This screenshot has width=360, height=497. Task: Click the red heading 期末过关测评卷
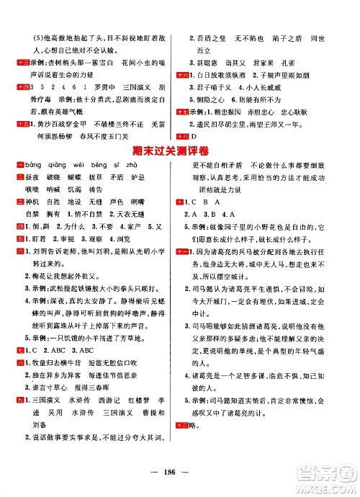point(179,150)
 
